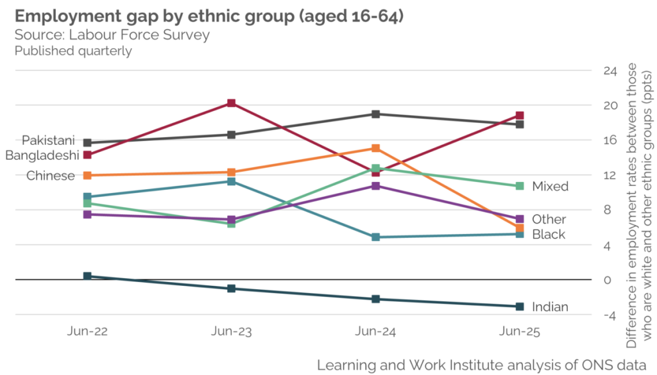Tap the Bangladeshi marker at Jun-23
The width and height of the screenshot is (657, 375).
pyautogui.click(x=232, y=103)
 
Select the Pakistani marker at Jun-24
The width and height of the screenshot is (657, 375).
pyautogui.click(x=375, y=114)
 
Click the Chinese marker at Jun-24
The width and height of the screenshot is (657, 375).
pyautogui.click(x=375, y=148)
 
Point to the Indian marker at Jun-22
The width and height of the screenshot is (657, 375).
pyautogui.click(x=87, y=276)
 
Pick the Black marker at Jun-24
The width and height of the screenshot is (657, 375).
pyautogui.click(x=375, y=237)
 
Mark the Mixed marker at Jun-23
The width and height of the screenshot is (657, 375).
pyautogui.click(x=232, y=224)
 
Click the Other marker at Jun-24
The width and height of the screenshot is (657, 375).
pyautogui.click(x=375, y=186)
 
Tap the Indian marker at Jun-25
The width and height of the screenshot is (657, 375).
pyautogui.click(x=520, y=306)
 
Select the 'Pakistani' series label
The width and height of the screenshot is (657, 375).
pyautogui.click(x=49, y=140)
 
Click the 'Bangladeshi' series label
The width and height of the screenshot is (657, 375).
pyautogui.click(x=42, y=155)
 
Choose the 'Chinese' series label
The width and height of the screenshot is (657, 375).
pyautogui.click(x=51, y=176)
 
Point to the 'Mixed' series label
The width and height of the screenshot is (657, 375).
pyautogui.click(x=550, y=187)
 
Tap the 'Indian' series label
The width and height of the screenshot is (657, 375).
pyautogui.click(x=550, y=307)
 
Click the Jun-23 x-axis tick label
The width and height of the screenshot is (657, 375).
pyautogui.click(x=232, y=332)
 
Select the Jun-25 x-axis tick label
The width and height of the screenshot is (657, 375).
pyautogui.click(x=520, y=332)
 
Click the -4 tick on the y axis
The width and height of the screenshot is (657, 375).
pyautogui.click(x=610, y=315)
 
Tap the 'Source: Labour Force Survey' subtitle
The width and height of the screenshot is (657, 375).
pyautogui.click(x=112, y=35)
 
